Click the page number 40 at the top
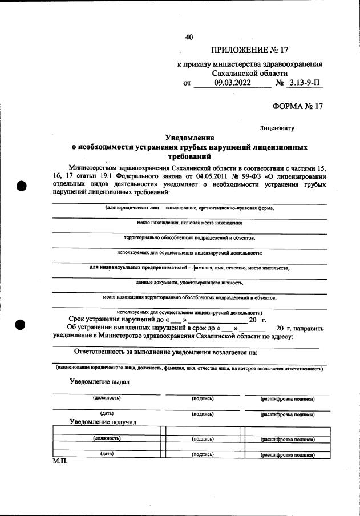coord(189,38)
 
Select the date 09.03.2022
coord(232,83)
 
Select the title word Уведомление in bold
coord(189,138)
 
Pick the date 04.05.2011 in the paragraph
coord(200,176)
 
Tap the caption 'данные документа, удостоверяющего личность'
coord(189,283)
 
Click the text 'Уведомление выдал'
coord(100,381)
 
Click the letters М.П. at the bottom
coord(60,461)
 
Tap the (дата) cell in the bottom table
coord(107,454)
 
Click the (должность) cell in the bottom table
coord(107,439)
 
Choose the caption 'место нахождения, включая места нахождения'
coord(189,223)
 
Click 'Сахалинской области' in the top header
coord(250,73)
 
